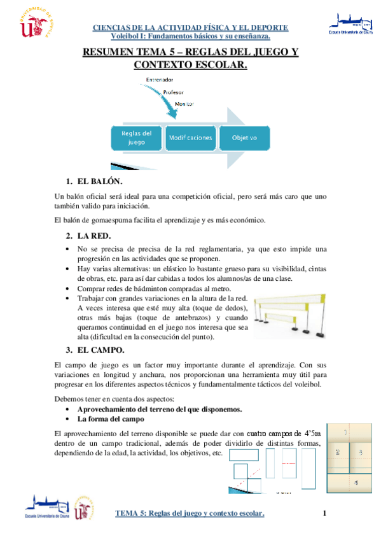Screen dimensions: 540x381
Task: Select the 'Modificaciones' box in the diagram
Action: tap(190, 138)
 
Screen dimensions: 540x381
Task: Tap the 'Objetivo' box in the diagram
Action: tap(244, 138)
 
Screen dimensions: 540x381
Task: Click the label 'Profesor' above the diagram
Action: tap(174, 92)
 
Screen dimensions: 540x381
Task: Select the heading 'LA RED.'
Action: tap(97, 236)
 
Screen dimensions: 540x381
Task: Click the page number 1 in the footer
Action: tap(324, 513)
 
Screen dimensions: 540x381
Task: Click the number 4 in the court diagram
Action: tap(356, 482)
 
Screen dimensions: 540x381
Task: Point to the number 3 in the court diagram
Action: tap(361, 452)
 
